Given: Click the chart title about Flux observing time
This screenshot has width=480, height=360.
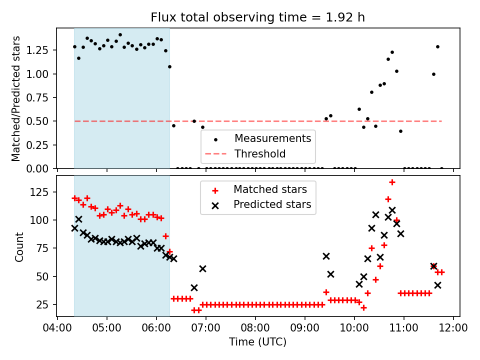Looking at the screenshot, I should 258,17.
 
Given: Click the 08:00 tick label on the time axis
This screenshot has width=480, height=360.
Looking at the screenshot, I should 255,328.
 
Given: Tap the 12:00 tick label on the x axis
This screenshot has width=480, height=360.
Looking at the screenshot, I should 453,328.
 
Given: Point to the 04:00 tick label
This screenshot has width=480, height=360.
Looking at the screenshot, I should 57,328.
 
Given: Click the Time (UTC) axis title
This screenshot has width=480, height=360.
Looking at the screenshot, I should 258,342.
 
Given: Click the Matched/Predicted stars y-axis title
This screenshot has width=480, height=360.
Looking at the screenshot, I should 16,98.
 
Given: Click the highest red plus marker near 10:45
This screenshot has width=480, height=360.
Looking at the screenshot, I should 392,182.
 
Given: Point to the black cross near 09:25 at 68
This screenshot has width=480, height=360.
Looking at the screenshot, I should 326,256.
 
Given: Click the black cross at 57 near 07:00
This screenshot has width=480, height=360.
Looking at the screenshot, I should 202,268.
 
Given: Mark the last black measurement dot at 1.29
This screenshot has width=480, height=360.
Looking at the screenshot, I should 437,47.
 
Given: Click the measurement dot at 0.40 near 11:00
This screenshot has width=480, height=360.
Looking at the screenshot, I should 400,131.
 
